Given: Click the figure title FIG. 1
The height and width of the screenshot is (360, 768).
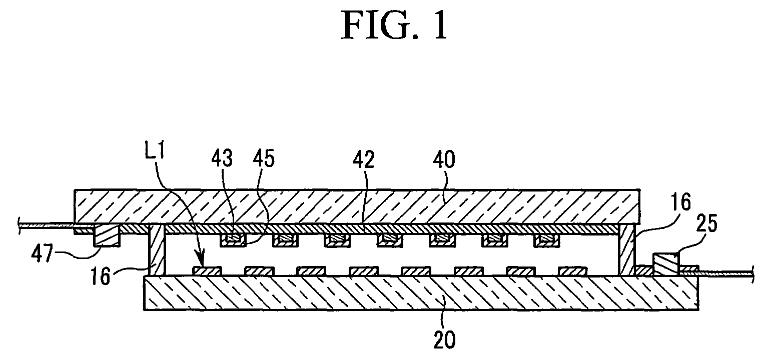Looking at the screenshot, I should click(x=394, y=26).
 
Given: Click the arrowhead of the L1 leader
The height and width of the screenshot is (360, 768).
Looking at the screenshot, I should click(x=202, y=262).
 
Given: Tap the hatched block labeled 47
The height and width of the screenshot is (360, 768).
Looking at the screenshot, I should click(x=107, y=235).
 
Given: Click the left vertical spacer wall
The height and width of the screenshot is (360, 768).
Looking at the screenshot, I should click(x=158, y=249).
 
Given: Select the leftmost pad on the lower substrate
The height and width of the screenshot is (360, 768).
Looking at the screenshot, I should click(x=207, y=270).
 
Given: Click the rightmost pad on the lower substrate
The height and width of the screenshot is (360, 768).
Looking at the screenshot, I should click(x=572, y=270).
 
